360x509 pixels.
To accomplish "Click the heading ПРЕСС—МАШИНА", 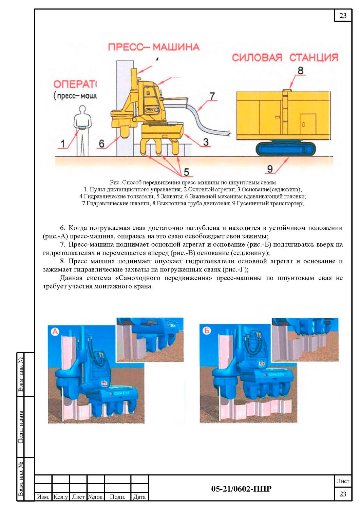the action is [x=154, y=47].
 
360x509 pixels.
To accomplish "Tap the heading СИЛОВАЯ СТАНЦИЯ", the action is [x=285, y=57].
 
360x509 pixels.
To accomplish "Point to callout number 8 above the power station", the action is [x=301, y=71].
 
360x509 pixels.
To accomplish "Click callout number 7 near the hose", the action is [x=212, y=96].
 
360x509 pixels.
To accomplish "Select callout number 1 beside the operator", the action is [x=63, y=144].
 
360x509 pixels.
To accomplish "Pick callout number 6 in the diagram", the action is [x=101, y=144].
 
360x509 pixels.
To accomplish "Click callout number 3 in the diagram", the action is [x=206, y=142].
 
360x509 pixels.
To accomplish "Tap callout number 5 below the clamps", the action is [x=186, y=172].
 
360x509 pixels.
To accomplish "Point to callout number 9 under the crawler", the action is [x=270, y=169].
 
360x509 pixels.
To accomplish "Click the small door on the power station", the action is [x=308, y=124].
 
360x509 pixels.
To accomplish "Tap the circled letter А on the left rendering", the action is [x=55, y=332].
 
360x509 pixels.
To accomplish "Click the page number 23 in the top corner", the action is [x=343, y=16].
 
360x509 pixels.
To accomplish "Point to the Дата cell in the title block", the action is [x=139, y=503].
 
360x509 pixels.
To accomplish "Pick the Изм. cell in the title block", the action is [x=43, y=503].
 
